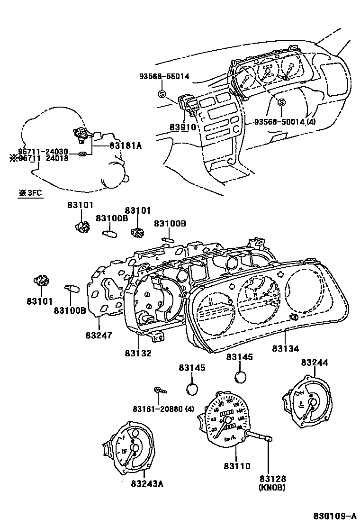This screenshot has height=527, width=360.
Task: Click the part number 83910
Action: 182,127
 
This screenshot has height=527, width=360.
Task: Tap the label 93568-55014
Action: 164,76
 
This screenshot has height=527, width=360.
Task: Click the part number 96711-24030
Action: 43,151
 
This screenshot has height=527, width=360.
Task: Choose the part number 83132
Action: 138,353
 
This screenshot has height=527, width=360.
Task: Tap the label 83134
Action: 286,348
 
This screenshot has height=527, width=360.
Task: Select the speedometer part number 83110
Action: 236,466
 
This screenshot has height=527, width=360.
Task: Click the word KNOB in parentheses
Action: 272,488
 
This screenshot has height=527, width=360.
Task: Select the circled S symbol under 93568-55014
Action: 162,93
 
